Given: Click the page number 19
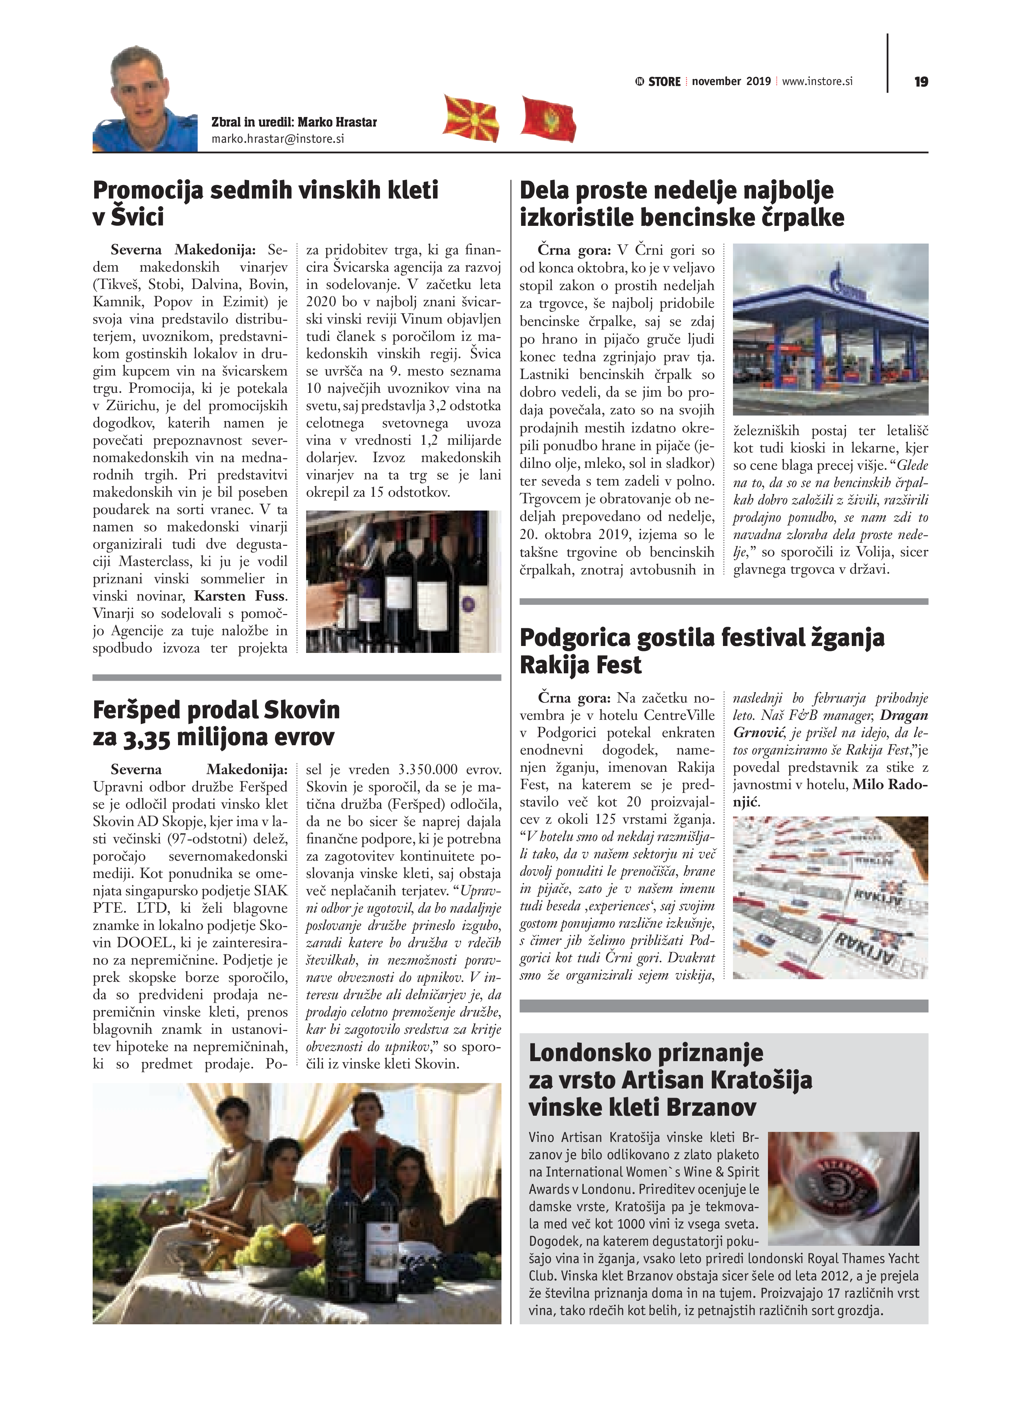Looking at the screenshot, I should click(x=921, y=82).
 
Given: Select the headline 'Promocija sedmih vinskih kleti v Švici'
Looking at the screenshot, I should click(x=265, y=203).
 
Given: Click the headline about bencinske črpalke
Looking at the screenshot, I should click(x=681, y=204).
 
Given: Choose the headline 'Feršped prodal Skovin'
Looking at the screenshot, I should click(x=216, y=723).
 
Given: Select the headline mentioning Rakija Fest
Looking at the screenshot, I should click(x=701, y=651).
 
